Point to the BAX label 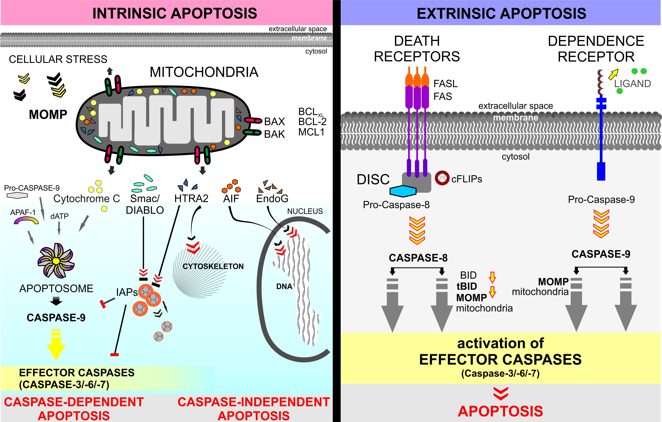click(x=274, y=121)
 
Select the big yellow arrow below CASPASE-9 click(x=56, y=345)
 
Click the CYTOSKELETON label click(x=213, y=266)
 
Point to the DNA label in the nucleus click(x=284, y=286)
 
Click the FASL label click(x=445, y=84)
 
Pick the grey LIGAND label click(x=632, y=84)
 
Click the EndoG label click(x=272, y=198)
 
